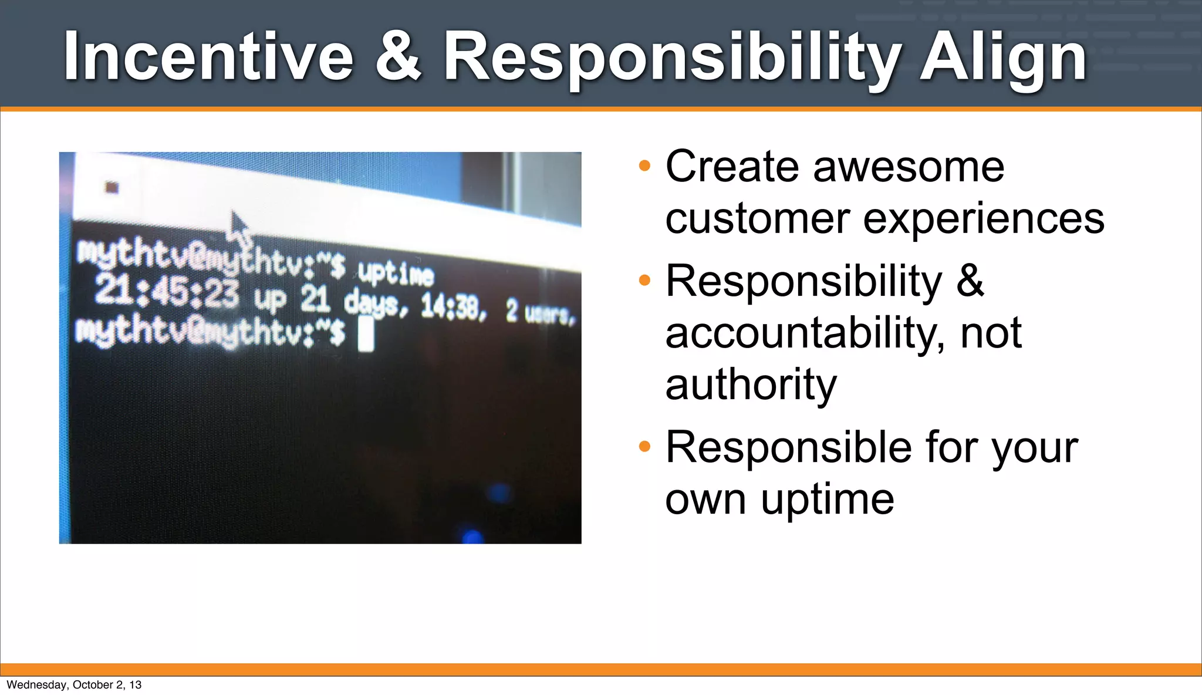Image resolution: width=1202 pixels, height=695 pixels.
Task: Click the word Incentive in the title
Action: click(208, 57)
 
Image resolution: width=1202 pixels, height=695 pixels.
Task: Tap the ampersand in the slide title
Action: click(398, 57)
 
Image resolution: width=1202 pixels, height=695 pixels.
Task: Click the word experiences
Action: click(984, 218)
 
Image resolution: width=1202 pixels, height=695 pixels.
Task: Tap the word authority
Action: click(751, 384)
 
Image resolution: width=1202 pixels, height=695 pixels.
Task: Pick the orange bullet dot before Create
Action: click(644, 166)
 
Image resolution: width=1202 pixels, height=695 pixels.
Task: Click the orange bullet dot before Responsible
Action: click(644, 447)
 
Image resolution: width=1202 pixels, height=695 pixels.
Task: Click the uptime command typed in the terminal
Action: click(396, 273)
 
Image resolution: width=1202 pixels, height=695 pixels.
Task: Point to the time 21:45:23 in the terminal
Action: click(167, 292)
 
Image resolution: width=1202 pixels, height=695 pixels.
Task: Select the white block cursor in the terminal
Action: click(366, 333)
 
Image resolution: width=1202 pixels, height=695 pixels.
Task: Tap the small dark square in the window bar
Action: click(112, 187)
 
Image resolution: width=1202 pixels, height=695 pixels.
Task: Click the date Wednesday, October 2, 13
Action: click(74, 684)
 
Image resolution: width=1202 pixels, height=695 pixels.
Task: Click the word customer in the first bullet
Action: click(757, 218)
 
